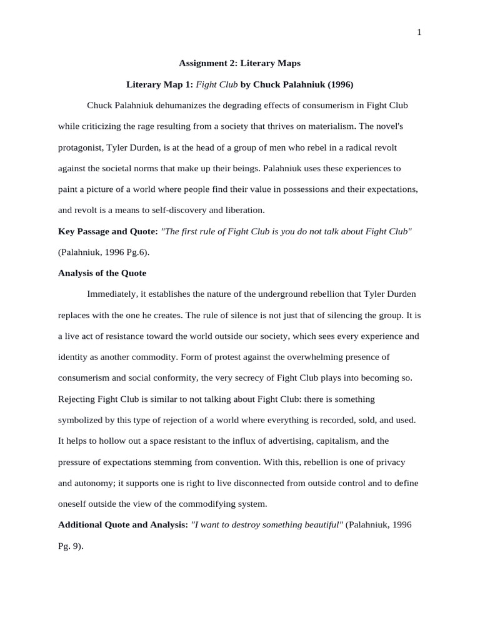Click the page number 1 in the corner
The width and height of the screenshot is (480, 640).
click(x=419, y=32)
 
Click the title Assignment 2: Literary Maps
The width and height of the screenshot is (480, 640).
click(x=239, y=62)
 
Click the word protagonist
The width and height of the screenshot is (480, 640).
click(x=81, y=147)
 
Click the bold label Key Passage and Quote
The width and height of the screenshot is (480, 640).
click(x=107, y=231)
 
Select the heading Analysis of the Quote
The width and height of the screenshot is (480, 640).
click(x=102, y=273)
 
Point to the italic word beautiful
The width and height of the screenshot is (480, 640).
click(x=321, y=525)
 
